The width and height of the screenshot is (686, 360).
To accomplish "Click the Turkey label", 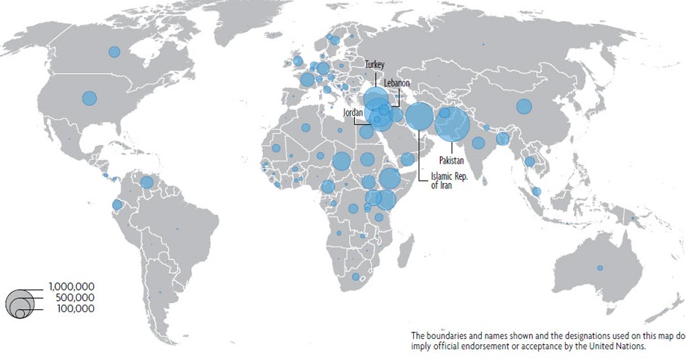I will coord(374,65).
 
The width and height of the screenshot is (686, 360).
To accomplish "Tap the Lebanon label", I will coord(397,82).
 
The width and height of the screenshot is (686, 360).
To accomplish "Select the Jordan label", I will coord(352,112).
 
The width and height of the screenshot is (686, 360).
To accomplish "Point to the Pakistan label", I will coord(451,161).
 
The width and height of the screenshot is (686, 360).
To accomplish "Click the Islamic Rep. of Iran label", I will coord(448,181).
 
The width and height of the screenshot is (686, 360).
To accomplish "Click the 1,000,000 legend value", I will coord(72,286).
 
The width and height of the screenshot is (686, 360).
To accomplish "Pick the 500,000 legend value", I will coord(75,297).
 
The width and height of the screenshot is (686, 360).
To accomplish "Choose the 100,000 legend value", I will coord(75,308).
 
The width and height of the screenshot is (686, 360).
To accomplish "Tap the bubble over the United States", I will coord(90,99).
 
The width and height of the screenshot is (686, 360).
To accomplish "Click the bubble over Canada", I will coord(114,52).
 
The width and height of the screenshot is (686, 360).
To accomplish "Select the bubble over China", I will coord(524,106).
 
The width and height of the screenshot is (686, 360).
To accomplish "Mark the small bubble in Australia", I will coord(599,268).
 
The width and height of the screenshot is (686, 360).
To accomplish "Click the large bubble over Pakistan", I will coord(452,124).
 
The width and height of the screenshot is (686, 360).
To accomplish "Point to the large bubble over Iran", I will coord(419,117).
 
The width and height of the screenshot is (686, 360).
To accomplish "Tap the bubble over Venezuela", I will coord(146,181).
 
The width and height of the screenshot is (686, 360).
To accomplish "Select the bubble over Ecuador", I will coord(117,205).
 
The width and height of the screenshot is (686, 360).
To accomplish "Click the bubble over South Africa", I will coord(356,277).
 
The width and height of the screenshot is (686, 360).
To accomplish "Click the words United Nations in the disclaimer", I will coord(613,346).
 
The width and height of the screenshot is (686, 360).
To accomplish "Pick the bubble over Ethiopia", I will coord(389,179).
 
